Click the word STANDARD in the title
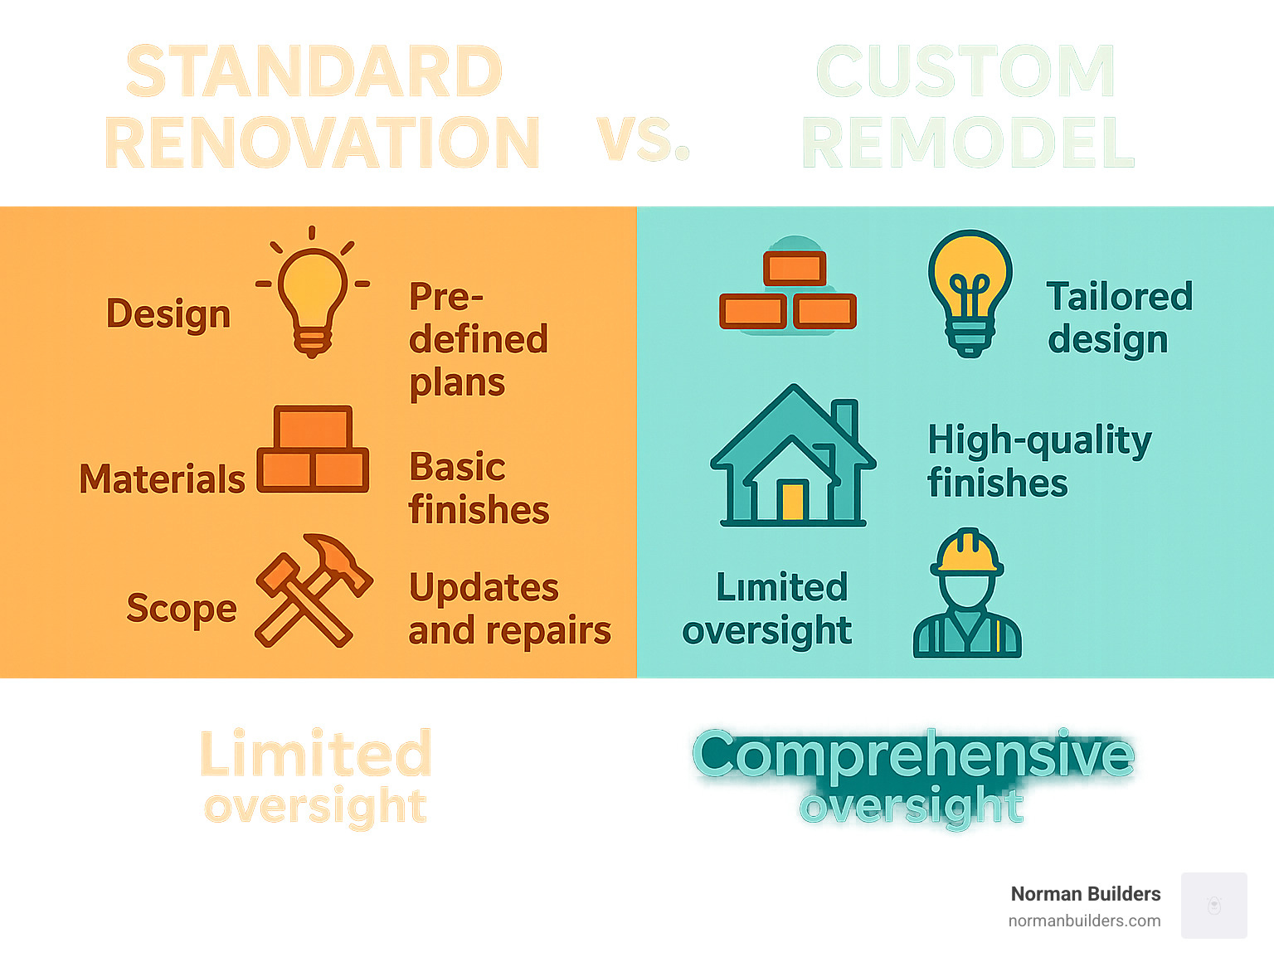point(314,72)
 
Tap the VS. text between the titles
point(643,139)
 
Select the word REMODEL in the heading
point(968,143)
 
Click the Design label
point(168,314)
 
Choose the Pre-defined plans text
point(478,339)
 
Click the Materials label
point(163,479)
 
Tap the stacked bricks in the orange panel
point(313,450)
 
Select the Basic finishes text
point(478,488)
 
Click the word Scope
point(182,608)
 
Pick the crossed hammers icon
point(313,590)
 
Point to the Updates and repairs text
point(508,609)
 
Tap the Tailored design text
point(1119,318)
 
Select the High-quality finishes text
point(1038,461)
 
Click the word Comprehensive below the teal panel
point(913,754)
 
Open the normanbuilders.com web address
point(1084,921)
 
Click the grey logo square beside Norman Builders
point(1213,906)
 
